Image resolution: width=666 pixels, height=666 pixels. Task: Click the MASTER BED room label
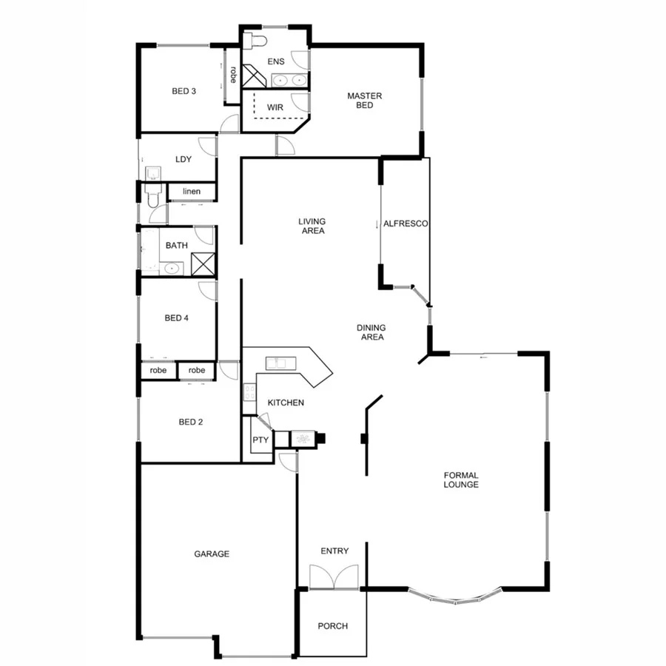(364, 101)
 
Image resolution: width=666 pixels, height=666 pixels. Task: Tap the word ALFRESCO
(406, 223)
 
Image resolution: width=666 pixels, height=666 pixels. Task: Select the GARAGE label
(212, 554)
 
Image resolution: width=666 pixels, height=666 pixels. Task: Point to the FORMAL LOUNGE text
(461, 480)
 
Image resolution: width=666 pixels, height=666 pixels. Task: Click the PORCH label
(332, 626)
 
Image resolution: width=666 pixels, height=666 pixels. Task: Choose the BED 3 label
(184, 92)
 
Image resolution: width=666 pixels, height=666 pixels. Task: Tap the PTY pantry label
(260, 440)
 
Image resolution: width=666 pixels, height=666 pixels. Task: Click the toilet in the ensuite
(258, 39)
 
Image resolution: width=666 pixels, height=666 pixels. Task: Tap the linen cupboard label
(191, 192)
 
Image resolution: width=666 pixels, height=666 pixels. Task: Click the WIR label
(275, 107)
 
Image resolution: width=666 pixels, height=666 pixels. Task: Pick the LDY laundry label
(184, 159)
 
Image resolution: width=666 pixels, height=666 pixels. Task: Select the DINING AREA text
(371, 332)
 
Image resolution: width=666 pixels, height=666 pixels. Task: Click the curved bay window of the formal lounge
(454, 598)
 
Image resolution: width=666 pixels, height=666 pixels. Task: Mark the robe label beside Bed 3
(232, 75)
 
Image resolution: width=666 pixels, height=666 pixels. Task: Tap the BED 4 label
(177, 318)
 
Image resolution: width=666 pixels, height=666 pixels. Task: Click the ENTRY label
(334, 551)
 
